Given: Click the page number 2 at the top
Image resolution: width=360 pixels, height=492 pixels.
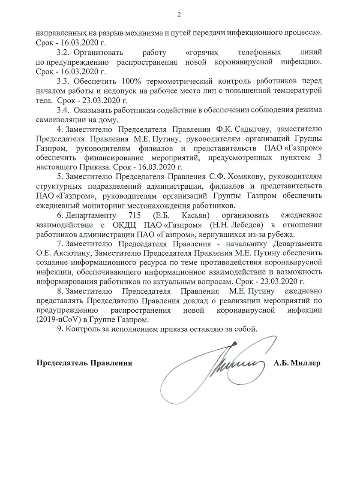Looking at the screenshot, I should coord(179,15).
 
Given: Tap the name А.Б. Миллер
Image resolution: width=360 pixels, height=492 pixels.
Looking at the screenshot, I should coord(297,363).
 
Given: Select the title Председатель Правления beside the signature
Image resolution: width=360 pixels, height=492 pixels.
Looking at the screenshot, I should coord(84,363).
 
